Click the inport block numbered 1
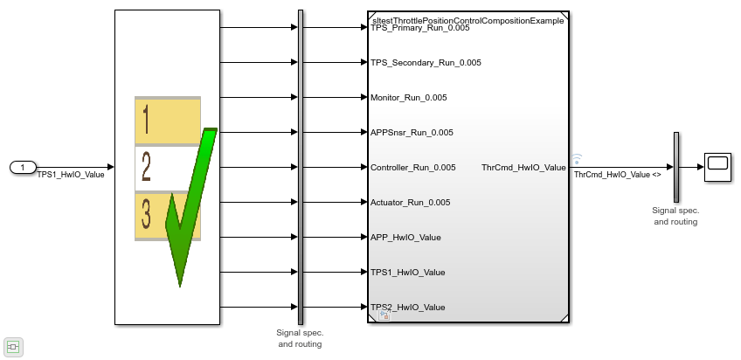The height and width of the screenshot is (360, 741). [x=24, y=167]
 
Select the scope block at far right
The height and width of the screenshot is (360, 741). [x=718, y=167]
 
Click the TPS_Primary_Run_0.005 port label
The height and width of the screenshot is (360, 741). [x=419, y=28]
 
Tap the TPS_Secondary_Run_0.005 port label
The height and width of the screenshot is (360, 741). [x=426, y=63]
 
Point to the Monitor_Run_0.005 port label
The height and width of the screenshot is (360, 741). [x=408, y=98]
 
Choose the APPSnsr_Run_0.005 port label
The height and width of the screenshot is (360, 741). [x=412, y=133]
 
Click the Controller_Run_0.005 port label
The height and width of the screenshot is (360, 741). [x=412, y=168]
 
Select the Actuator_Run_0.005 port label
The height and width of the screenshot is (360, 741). [x=410, y=203]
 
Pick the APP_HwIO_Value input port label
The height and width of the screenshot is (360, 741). [x=405, y=238]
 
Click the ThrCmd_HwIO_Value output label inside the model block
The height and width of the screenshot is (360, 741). [x=523, y=168]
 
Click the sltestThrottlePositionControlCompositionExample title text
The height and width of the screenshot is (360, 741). [x=467, y=20]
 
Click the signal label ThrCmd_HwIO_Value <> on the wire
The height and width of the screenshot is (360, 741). [x=617, y=175]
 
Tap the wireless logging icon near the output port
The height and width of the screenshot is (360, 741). [x=577, y=159]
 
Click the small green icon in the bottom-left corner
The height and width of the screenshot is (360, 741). [x=13, y=347]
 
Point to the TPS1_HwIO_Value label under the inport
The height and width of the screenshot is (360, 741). [x=70, y=175]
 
